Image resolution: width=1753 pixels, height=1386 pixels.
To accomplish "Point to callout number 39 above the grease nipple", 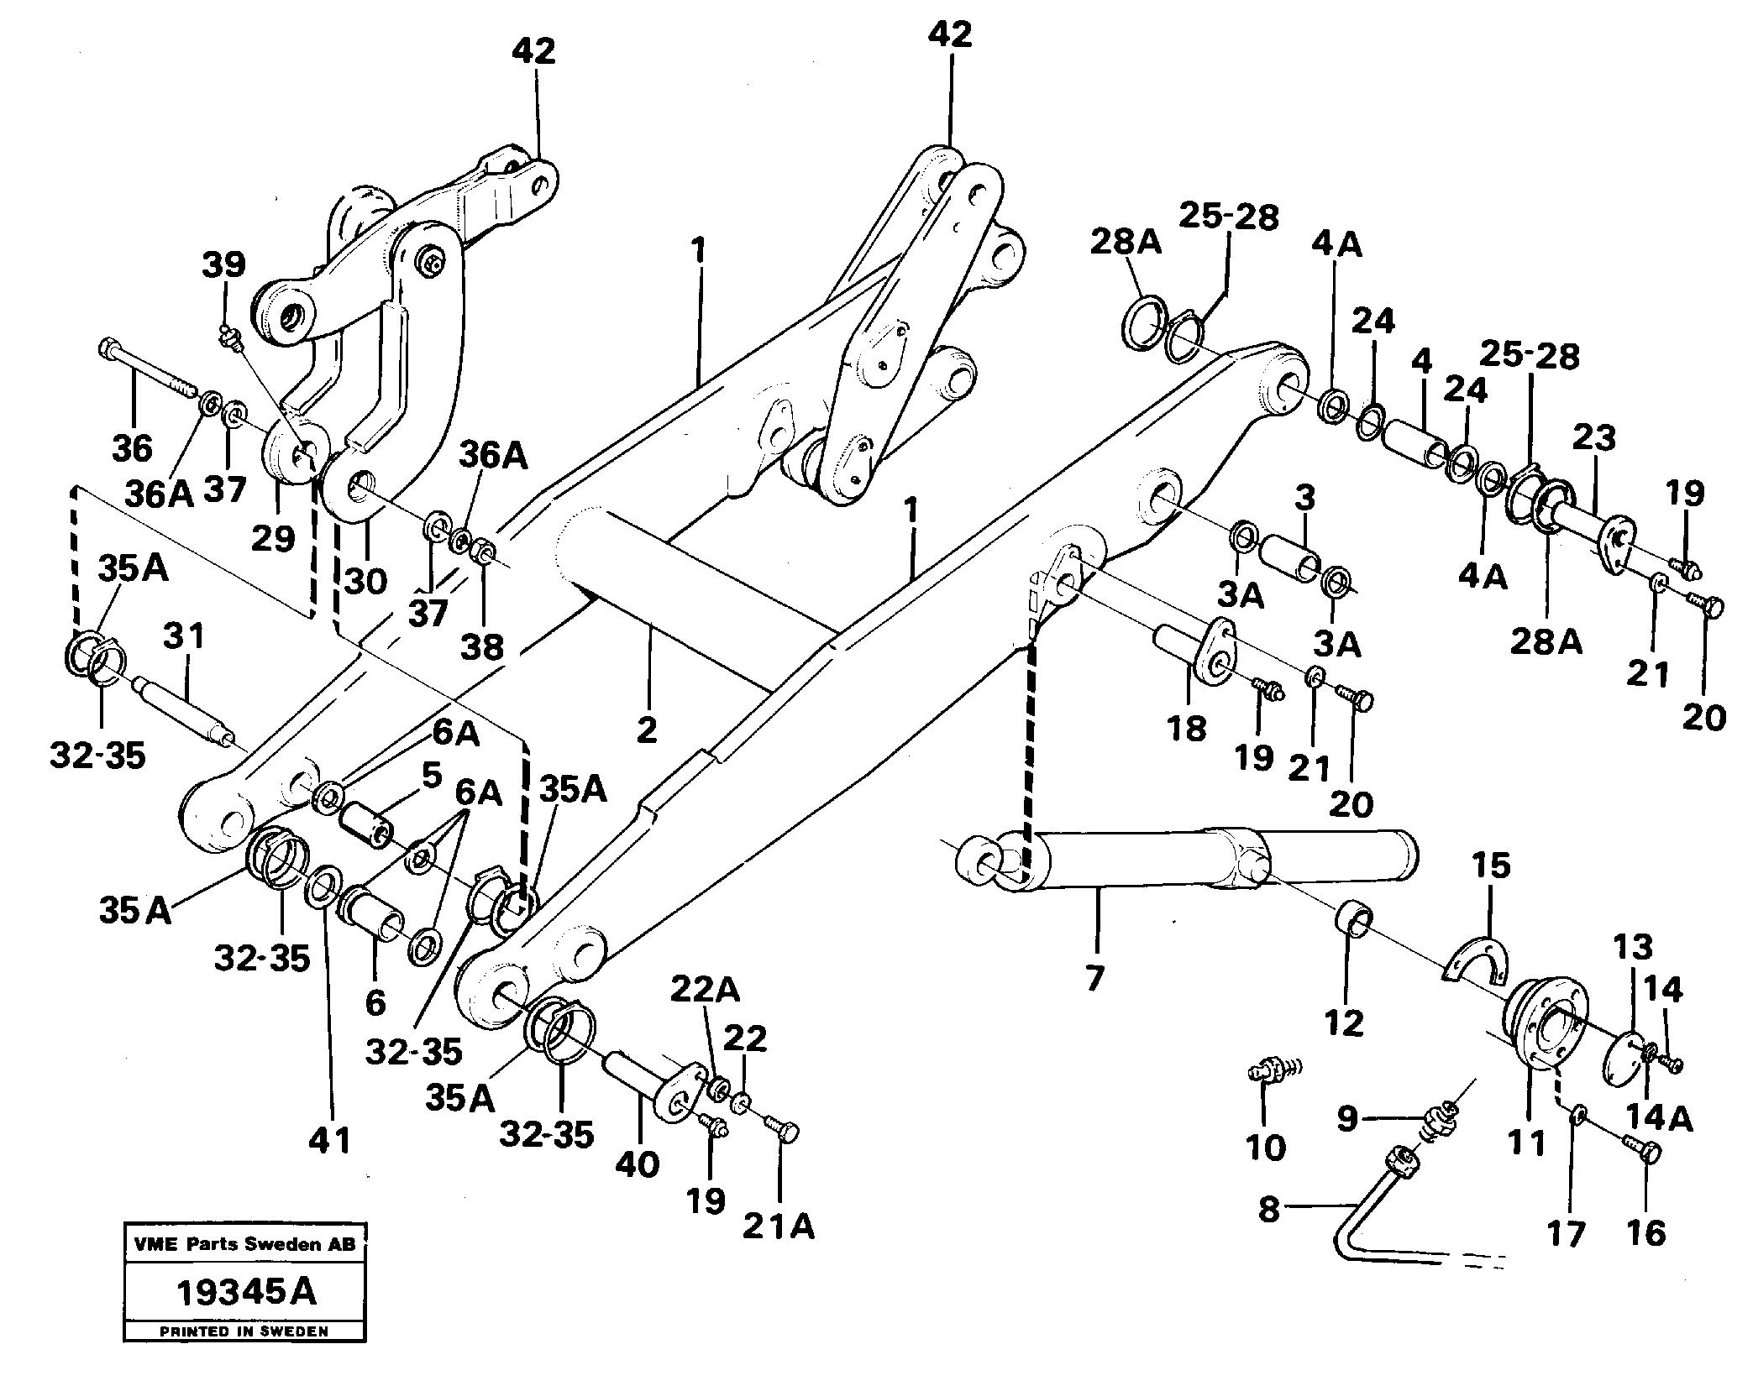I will tap(223, 264).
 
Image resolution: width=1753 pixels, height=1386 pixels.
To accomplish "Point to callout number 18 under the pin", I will tap(1187, 728).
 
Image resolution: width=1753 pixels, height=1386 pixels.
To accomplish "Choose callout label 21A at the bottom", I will tap(779, 1227).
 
